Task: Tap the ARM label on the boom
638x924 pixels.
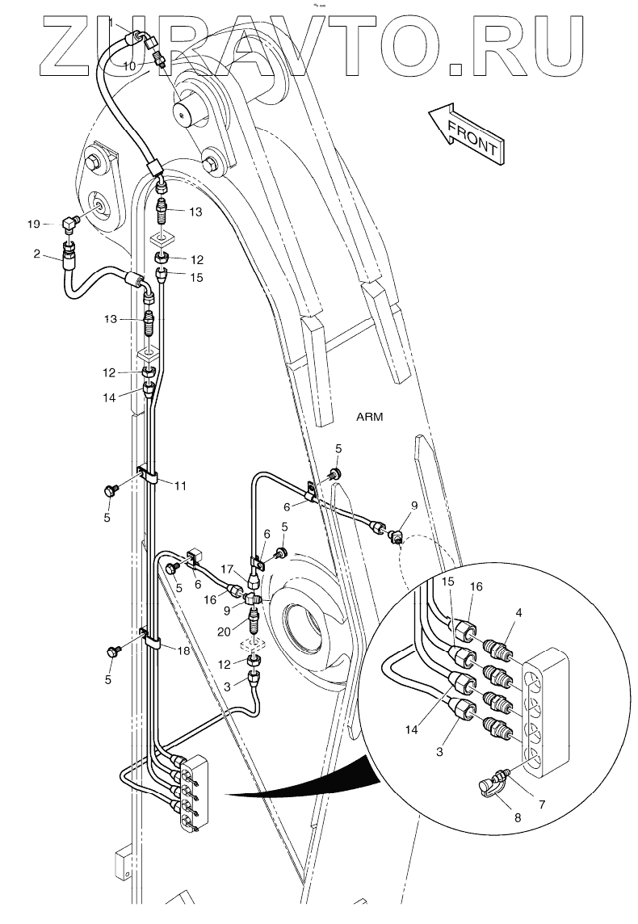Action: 368,417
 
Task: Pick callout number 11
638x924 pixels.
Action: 180,485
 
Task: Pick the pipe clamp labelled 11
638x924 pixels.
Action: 150,476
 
